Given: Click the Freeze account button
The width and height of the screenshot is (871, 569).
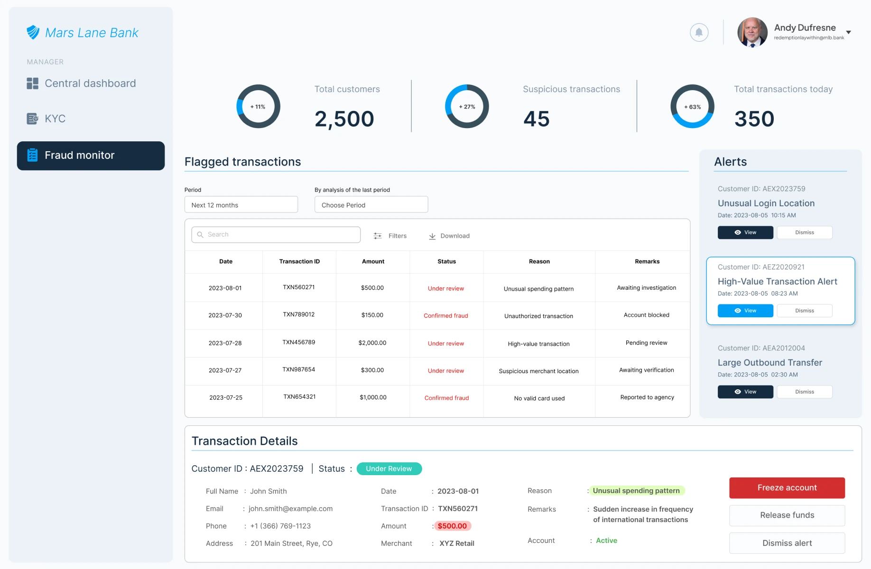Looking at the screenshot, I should [787, 487].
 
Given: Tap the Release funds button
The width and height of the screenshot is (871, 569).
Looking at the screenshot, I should [787, 515].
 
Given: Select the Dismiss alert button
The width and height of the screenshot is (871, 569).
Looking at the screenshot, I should [787, 543].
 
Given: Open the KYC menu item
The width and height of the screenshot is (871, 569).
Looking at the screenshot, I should [55, 119].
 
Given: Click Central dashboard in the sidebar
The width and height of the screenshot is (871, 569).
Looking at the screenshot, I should [90, 83].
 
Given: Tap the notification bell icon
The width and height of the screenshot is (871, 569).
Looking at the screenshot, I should [699, 32].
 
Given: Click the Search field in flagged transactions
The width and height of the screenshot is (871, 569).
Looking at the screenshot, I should [276, 235].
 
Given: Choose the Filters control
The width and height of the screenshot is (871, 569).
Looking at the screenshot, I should [390, 236].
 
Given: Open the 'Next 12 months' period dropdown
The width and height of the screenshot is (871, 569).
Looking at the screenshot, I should [241, 205].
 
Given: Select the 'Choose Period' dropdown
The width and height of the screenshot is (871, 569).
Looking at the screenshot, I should [371, 205].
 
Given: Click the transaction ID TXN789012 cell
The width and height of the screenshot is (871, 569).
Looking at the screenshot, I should [299, 315].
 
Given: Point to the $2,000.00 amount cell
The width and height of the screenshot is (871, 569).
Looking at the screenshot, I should [372, 343].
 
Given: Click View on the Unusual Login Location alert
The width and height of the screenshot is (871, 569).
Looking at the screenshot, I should [745, 232].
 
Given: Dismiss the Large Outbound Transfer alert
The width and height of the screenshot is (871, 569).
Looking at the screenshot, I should [804, 392].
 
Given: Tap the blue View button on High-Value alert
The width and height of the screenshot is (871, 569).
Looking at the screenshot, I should [745, 311].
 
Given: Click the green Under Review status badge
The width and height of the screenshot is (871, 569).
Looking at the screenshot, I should [389, 468].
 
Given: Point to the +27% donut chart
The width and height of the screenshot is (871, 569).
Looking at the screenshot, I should [467, 106].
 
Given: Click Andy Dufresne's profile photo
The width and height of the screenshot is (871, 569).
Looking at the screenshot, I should [752, 32].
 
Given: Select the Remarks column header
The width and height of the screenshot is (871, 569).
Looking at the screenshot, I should [647, 261].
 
